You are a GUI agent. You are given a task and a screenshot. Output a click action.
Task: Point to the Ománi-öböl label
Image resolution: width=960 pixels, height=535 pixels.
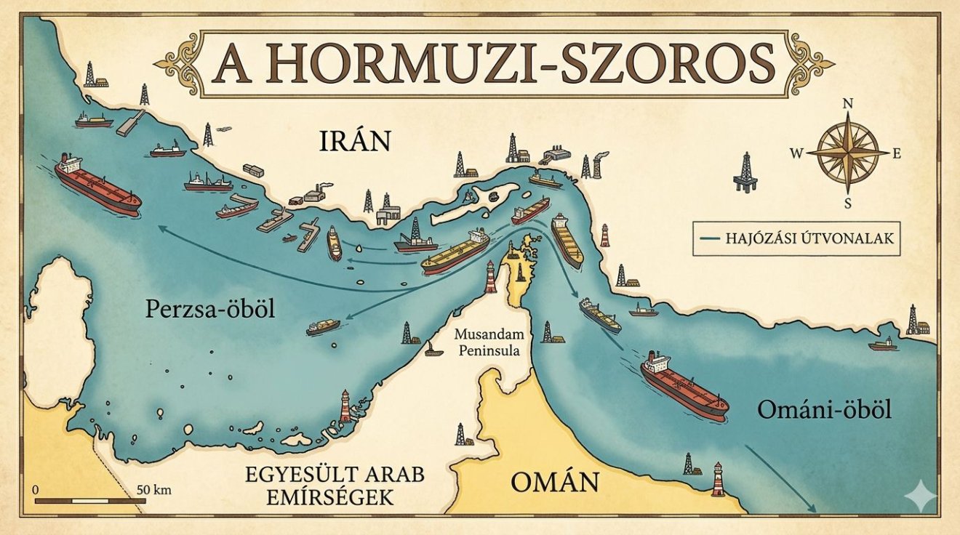[x=824, y=411]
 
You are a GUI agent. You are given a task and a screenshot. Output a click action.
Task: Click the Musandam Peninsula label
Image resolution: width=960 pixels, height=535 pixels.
[x=487, y=343]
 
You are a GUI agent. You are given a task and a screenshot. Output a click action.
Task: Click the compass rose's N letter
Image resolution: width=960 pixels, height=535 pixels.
[x=847, y=104]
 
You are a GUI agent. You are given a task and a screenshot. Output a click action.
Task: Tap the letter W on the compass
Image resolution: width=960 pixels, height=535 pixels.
[x=796, y=153]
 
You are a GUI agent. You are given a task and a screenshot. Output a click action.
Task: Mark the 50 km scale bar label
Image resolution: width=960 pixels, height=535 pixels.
[x=153, y=489]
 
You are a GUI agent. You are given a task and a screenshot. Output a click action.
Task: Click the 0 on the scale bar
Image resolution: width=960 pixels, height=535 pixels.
[x=35, y=489]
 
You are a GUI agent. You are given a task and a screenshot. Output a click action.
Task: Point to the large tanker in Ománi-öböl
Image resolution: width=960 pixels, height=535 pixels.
[x=684, y=385]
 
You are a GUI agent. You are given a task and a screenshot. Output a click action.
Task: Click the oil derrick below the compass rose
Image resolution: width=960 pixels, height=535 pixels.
[x=744, y=172]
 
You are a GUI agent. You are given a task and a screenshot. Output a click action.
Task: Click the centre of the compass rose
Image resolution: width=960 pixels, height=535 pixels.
[x=848, y=153]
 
